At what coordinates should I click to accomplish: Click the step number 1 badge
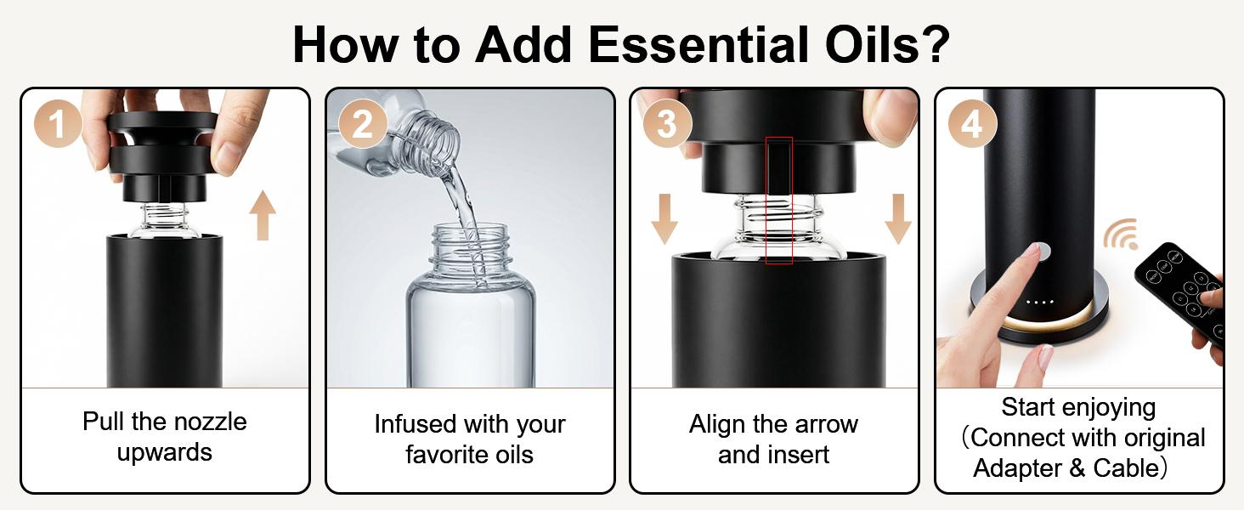coord(58,124)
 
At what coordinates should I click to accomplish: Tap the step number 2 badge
coord(363,124)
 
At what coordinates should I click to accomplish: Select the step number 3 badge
coord(666,124)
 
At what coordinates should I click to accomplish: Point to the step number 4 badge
coord(971,124)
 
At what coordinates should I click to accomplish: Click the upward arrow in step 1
coord(263,214)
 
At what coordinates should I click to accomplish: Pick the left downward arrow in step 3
coord(664,218)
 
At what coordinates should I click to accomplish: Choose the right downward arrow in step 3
coord(897,218)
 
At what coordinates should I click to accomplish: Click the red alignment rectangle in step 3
coord(778,201)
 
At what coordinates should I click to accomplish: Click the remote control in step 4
coord(1181,289)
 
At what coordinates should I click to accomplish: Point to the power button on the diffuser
coord(1039,251)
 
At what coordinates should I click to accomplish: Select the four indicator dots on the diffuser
coord(1039,301)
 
